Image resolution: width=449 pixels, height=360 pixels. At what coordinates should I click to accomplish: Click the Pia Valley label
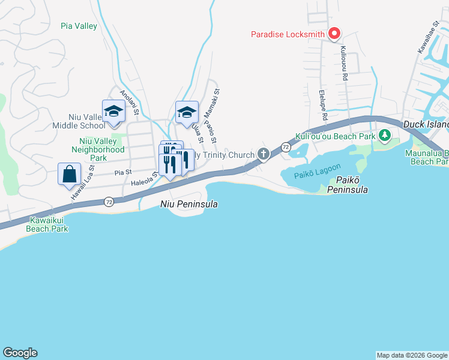click(x=79, y=26)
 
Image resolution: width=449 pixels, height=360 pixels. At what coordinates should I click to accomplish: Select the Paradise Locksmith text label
click(x=288, y=34)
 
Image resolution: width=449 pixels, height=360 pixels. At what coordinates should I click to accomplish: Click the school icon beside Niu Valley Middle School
click(x=113, y=112)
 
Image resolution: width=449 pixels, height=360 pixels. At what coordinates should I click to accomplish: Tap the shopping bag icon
click(x=70, y=174)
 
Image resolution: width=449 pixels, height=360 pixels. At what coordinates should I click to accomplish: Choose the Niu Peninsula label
click(x=188, y=204)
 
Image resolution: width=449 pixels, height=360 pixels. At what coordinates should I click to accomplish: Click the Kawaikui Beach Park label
click(x=47, y=224)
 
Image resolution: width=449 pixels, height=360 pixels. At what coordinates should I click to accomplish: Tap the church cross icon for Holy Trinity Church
click(x=263, y=155)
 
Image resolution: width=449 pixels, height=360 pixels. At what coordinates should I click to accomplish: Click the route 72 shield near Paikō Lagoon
click(x=286, y=147)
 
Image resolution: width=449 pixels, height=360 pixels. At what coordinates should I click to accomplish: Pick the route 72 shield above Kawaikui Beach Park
click(x=108, y=202)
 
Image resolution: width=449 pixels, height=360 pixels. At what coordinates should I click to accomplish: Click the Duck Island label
click(x=426, y=124)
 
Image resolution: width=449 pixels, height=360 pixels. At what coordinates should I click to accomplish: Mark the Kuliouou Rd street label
click(x=345, y=64)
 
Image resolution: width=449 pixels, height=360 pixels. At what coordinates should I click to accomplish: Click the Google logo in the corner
click(x=20, y=353)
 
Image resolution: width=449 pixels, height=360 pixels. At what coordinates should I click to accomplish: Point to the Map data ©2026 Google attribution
click(x=412, y=355)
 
